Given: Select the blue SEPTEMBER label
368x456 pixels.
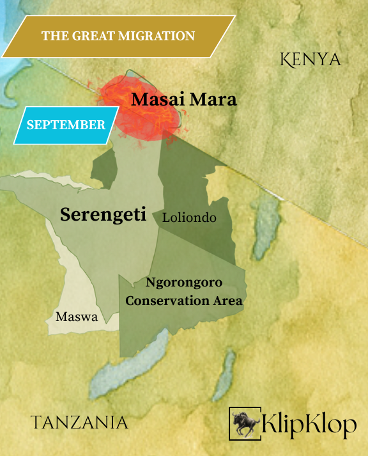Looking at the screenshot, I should click(x=66, y=125).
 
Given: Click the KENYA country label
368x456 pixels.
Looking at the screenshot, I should click(x=310, y=60).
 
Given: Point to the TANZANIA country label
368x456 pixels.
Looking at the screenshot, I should click(x=79, y=422).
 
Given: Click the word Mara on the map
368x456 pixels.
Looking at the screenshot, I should click(x=213, y=100).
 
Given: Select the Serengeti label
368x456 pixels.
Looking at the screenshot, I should click(x=103, y=215).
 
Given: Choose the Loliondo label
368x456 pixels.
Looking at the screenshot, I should click(x=189, y=218).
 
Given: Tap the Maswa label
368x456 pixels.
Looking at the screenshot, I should click(x=77, y=316).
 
